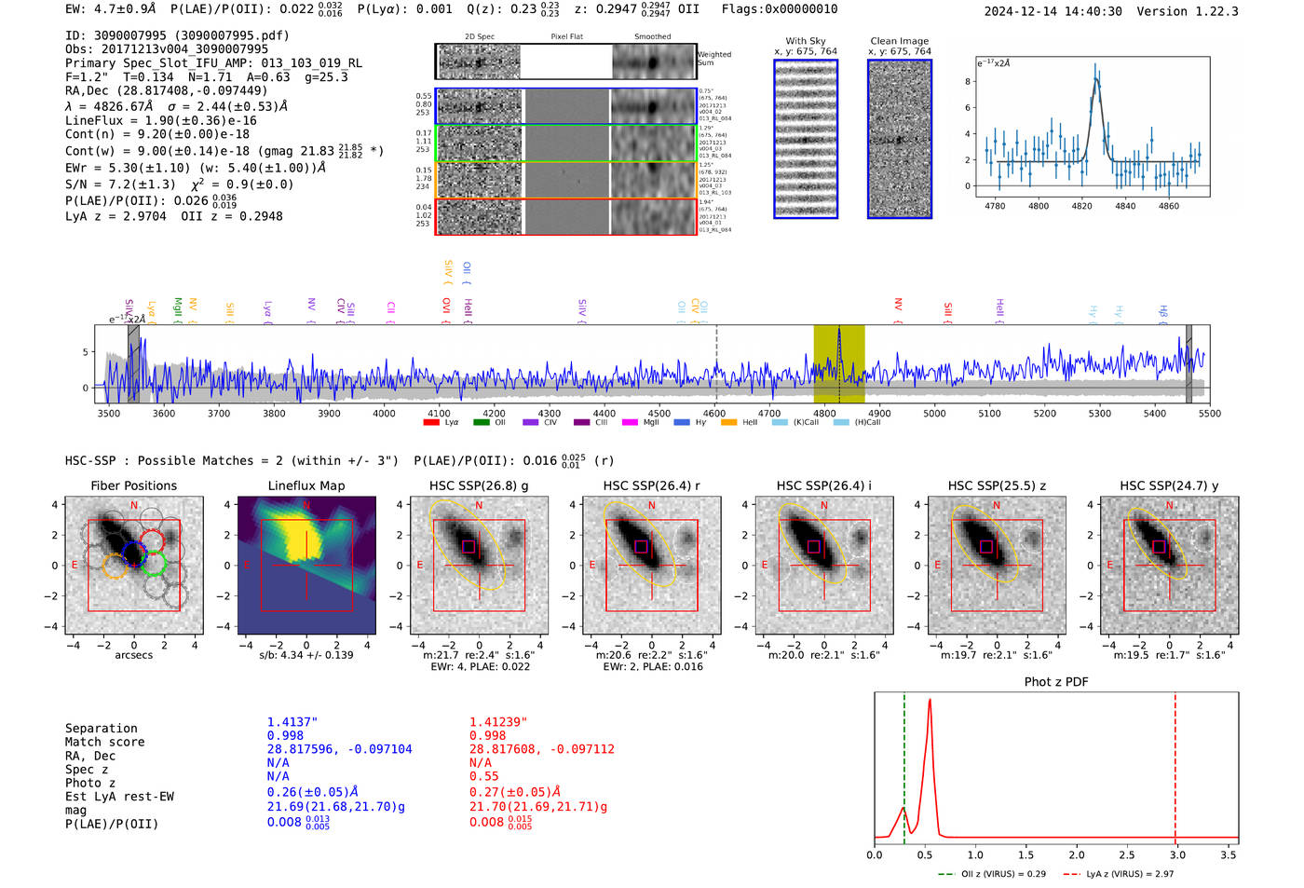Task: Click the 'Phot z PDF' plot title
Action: click(x=1055, y=682)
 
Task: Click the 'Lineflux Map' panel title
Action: click(x=306, y=485)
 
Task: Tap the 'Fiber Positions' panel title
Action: click(x=133, y=485)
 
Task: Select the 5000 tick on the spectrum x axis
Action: click(x=934, y=414)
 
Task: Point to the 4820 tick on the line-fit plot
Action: click(x=1081, y=206)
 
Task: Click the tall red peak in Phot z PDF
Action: click(x=930, y=701)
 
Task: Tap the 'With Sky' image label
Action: click(x=806, y=41)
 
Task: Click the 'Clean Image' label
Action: click(x=899, y=41)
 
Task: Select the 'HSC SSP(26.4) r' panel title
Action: click(x=651, y=485)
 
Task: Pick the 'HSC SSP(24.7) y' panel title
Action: click(x=1169, y=485)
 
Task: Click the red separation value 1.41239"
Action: click(x=498, y=722)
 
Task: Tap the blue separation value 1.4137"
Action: click(x=292, y=722)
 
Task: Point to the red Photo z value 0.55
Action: click(x=483, y=776)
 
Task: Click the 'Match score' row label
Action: click(x=104, y=743)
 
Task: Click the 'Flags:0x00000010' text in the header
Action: click(x=779, y=9)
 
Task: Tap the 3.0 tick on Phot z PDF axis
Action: click(x=1177, y=854)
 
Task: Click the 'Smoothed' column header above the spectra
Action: click(x=652, y=37)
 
